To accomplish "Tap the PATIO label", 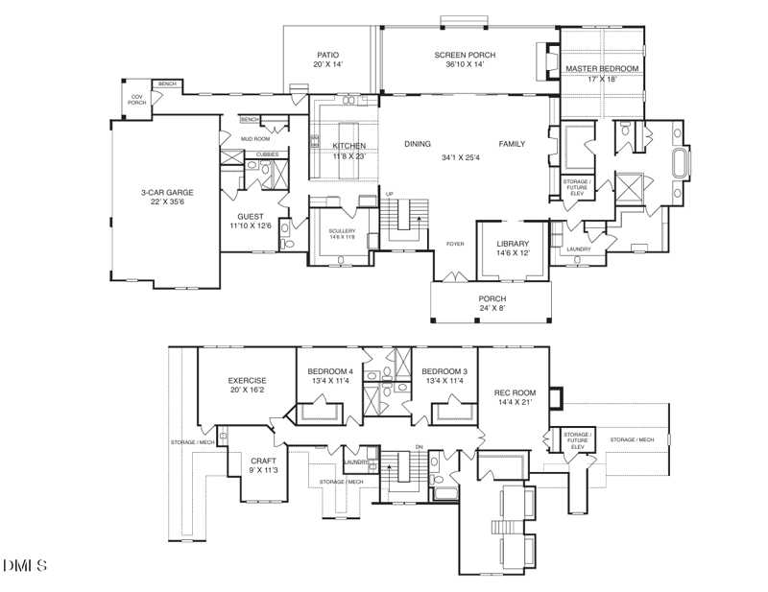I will tap(328, 55).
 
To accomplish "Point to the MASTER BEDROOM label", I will tap(602, 70).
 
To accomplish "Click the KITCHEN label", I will tap(348, 146).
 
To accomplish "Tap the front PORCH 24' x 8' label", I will tap(492, 298).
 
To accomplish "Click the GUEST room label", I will tap(250, 217).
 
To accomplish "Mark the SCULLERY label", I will tap(342, 231).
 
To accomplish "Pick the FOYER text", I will tap(455, 244).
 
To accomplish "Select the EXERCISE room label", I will tap(246, 380).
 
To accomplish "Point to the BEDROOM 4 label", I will tap(330, 371).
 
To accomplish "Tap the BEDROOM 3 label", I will tap(444, 371).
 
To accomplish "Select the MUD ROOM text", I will tap(254, 139).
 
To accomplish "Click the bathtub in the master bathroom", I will tap(680, 163).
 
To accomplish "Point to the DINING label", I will tap(418, 144).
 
